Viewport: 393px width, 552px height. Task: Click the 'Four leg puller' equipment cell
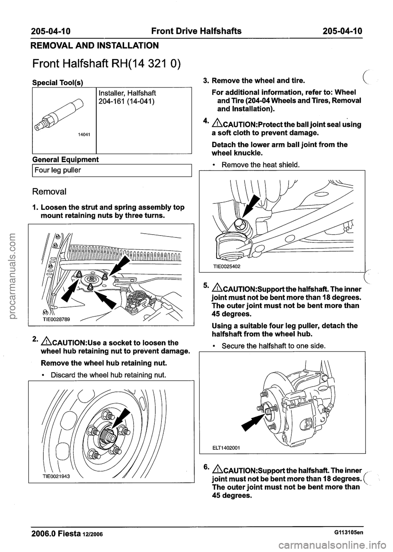(x=57, y=170)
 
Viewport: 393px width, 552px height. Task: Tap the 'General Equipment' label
(x=65, y=159)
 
